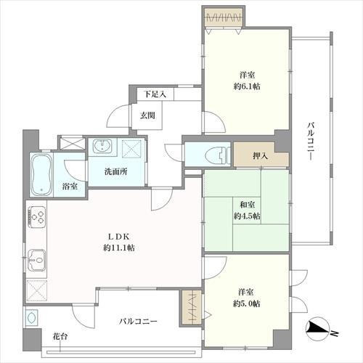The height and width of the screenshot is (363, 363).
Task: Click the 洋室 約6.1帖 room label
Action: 247,81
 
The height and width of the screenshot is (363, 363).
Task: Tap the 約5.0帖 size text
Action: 246,303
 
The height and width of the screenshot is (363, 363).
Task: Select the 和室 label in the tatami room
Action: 247,205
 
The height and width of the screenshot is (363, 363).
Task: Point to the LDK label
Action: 119,237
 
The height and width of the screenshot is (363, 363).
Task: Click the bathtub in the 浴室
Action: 41,174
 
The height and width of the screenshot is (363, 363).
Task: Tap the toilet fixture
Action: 217,155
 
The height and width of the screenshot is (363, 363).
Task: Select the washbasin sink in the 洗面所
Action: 102,146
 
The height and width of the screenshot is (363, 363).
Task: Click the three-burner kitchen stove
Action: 37,216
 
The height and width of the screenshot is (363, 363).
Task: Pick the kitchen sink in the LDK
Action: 37,260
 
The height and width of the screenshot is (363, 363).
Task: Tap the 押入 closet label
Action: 261,156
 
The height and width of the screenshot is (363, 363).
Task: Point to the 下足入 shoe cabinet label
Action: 155,94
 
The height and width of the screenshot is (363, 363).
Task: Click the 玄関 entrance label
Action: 147,115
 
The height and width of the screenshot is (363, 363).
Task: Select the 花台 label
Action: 60,336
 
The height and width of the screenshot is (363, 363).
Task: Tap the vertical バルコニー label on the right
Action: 311,142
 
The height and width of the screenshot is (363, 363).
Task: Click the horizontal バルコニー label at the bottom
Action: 138,322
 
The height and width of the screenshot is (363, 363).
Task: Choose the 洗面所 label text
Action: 116,172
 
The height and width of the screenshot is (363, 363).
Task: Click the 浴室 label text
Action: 70,187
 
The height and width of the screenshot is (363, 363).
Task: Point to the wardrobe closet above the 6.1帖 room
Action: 224,17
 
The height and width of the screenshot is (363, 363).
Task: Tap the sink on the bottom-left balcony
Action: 31,317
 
